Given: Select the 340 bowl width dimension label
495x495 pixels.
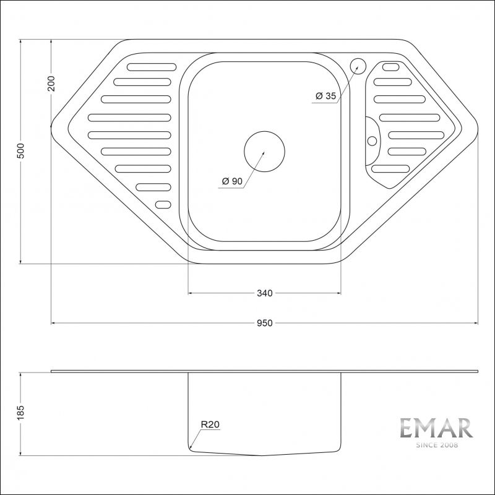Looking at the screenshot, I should [x=264, y=293].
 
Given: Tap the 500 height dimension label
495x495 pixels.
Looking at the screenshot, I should [x=20, y=152].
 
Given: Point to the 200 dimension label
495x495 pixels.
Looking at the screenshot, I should [x=51, y=83].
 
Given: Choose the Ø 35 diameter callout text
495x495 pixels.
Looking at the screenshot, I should [x=325, y=96].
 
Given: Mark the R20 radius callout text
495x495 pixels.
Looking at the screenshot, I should [x=210, y=425].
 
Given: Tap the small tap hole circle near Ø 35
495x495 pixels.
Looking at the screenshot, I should [x=358, y=65].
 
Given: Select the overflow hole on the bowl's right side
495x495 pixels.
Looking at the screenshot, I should [x=372, y=140].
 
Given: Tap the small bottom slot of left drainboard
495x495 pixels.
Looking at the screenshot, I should [x=163, y=205].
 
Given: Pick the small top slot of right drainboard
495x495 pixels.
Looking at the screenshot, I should [x=390, y=67].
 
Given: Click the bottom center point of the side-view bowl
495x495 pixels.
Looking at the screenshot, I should [x=264, y=455].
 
